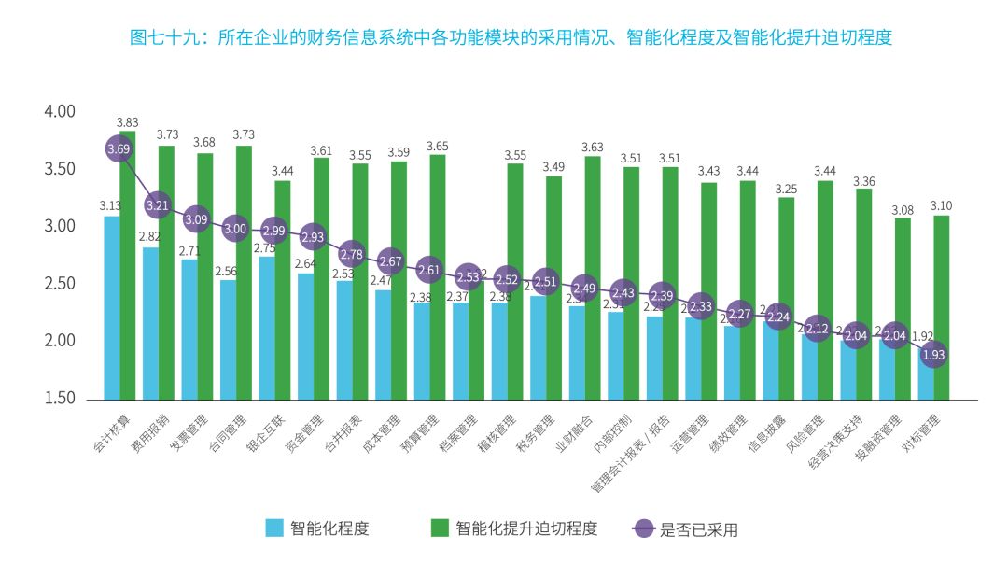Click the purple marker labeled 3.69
coord(119,148)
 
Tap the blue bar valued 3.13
coord(111,308)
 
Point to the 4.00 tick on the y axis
coord(59,111)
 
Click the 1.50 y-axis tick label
coord(59,399)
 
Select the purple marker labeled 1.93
coord(933,355)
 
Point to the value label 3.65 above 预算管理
coord(437,147)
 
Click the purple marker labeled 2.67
coord(390,260)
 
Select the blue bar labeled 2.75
coord(266,327)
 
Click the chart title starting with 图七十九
coord(511,37)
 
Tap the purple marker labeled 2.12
coord(818,328)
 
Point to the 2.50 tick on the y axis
coord(59,284)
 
